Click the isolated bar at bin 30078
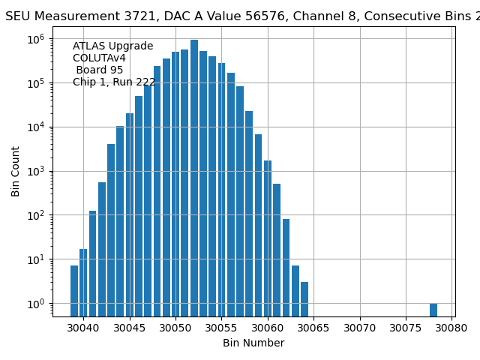click(x=433, y=310)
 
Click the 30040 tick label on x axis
click(x=83, y=328)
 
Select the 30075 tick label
click(x=406, y=328)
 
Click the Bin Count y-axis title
click(x=16, y=171)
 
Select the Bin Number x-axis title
click(x=253, y=343)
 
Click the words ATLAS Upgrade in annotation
click(x=112, y=46)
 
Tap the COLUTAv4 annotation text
click(x=99, y=58)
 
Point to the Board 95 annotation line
click(x=100, y=70)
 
